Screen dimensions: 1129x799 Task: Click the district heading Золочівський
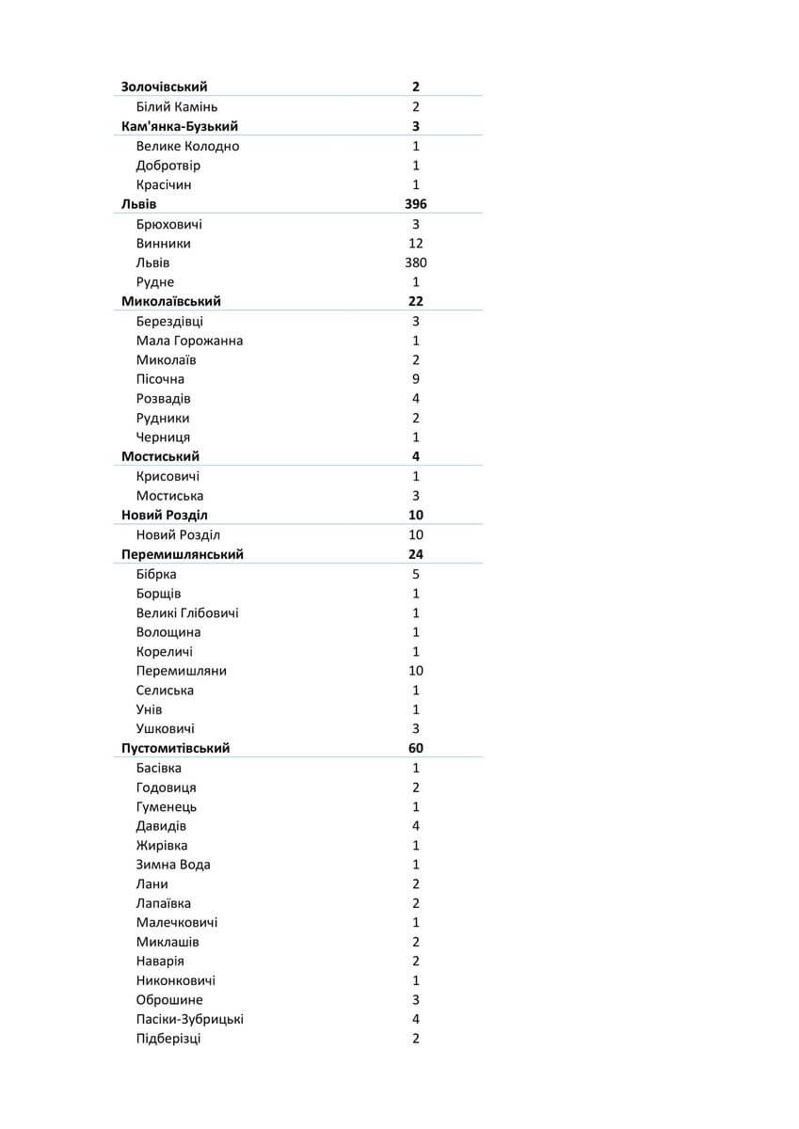coord(165,87)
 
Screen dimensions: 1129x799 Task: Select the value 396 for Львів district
coord(415,204)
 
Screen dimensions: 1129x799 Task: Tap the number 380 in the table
coord(415,262)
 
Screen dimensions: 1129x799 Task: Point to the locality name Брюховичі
coord(168,224)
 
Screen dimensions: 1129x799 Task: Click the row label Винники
coord(163,244)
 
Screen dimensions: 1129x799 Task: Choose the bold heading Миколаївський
coord(171,301)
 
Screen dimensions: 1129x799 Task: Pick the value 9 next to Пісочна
coord(415,379)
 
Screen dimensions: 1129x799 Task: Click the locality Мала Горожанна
coord(189,341)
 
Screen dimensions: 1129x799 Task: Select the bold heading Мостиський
coord(160,456)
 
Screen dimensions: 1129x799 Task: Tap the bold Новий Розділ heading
coord(165,515)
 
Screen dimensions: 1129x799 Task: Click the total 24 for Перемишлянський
coord(415,554)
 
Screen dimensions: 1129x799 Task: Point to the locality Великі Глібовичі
coord(187,612)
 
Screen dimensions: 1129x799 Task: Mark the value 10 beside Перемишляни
coord(415,671)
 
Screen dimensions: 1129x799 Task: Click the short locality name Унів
coord(149,709)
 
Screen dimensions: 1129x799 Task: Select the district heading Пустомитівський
coord(176,748)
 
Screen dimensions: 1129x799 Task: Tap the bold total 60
coord(415,748)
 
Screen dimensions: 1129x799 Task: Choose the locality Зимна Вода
coord(173,865)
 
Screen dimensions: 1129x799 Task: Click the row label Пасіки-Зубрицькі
coord(190,1019)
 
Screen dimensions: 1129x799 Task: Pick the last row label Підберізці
coord(168,1039)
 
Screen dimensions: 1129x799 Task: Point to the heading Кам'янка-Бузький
coord(180,126)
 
